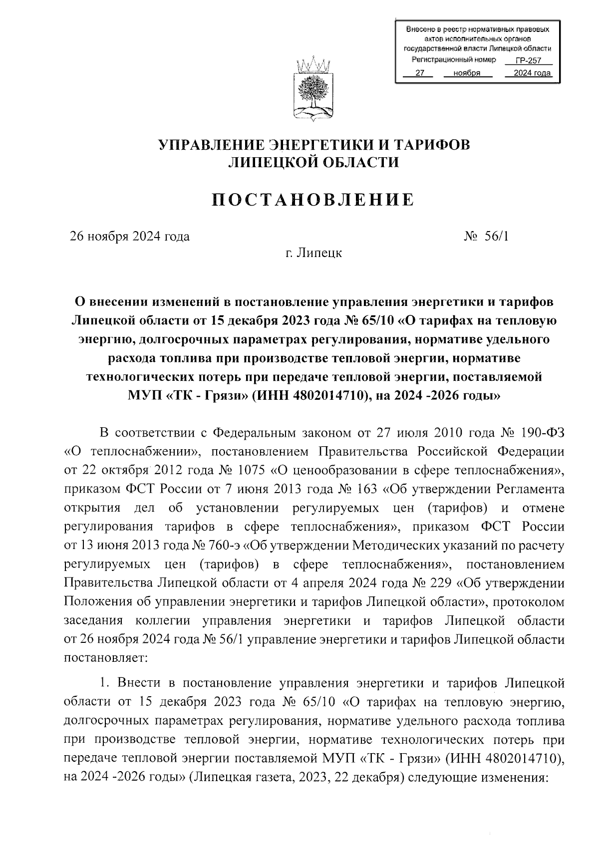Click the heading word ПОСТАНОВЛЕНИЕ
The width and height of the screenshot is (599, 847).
tap(313, 200)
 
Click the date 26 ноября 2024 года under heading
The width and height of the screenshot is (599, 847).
tap(130, 236)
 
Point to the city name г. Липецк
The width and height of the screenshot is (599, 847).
tap(313, 253)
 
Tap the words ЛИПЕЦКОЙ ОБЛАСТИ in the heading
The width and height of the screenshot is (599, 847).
tap(313, 162)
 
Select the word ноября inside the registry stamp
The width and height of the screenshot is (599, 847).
tap(467, 73)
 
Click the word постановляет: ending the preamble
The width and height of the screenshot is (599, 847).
tap(105, 657)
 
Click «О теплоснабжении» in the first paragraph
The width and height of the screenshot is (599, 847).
tap(132, 452)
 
